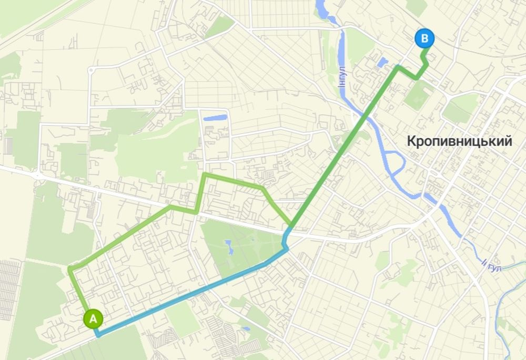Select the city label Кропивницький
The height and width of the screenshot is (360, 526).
[459, 141]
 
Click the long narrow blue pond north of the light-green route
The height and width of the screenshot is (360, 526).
[215, 118]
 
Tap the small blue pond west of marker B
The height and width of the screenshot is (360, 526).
[382, 62]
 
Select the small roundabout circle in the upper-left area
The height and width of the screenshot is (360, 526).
[90, 69]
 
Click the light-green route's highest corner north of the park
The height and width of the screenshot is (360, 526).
[205, 174]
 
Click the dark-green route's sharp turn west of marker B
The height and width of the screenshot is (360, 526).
[398, 67]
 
